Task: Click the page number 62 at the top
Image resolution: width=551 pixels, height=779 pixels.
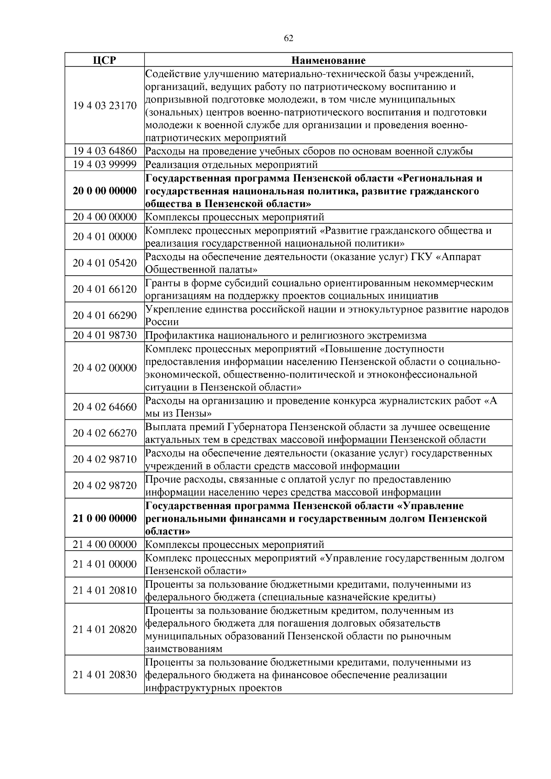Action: tap(289, 38)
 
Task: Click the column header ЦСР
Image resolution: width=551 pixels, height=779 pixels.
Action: tap(104, 60)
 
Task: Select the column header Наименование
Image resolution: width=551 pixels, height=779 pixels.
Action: tap(328, 60)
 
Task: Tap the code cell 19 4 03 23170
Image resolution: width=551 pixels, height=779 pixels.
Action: tap(105, 106)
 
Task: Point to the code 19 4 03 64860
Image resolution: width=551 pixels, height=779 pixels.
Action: tap(105, 151)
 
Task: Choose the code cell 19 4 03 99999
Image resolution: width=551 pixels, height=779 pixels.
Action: tap(105, 164)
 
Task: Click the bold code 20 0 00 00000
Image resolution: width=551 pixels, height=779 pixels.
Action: tap(105, 191)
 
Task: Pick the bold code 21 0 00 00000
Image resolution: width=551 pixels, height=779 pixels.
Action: tap(105, 518)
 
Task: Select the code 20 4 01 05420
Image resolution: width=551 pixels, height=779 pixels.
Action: tap(105, 263)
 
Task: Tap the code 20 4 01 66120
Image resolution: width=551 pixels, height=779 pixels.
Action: tap(105, 289)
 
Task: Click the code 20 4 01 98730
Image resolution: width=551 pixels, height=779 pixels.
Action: tap(105, 335)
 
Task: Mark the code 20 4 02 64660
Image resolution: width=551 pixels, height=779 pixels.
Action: tap(105, 407)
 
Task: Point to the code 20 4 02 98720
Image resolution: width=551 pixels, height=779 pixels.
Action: tap(105, 485)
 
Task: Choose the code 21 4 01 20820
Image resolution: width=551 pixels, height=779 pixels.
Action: tap(105, 629)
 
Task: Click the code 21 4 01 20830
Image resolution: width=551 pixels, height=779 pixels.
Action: tap(105, 675)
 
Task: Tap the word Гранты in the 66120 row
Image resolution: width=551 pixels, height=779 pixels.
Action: tap(161, 283)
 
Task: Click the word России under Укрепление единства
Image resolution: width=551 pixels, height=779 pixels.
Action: tap(162, 322)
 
